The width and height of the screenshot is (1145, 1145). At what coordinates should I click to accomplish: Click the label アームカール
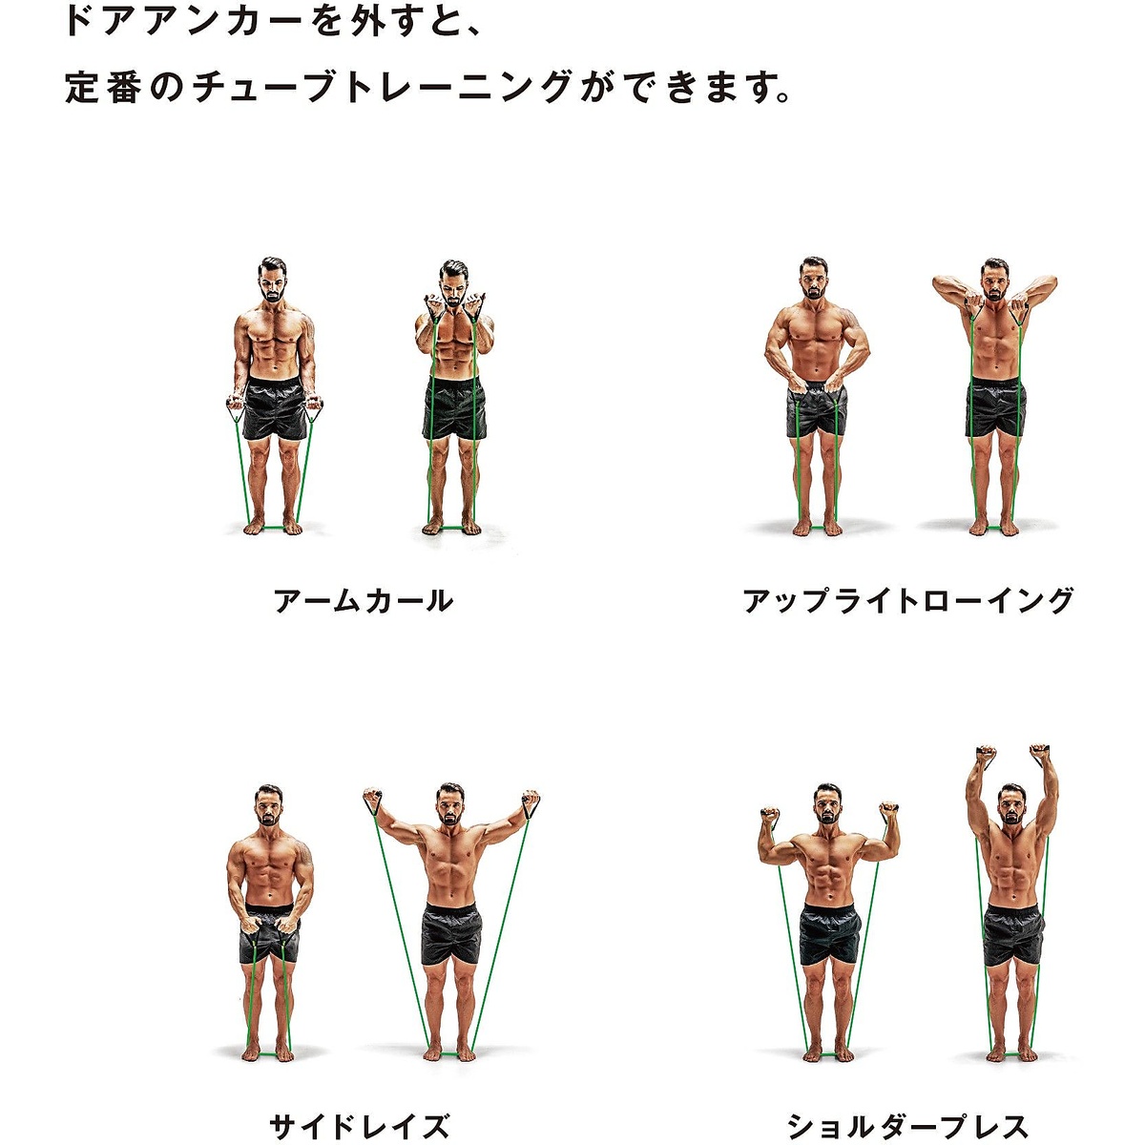coord(364,601)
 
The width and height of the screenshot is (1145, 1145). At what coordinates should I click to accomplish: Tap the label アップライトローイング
coord(908,601)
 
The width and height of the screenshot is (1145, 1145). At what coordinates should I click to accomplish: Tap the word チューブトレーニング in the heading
coord(382,88)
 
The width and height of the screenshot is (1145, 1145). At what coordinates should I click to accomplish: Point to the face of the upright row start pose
coord(813,280)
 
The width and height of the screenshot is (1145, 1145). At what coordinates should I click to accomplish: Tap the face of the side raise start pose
coord(269,810)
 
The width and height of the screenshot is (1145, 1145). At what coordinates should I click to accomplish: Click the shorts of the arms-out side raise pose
coord(450,934)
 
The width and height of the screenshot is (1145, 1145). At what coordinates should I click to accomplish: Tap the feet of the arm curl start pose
coord(273,526)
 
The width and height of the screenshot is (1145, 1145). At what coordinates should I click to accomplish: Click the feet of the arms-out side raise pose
coord(450,1052)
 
